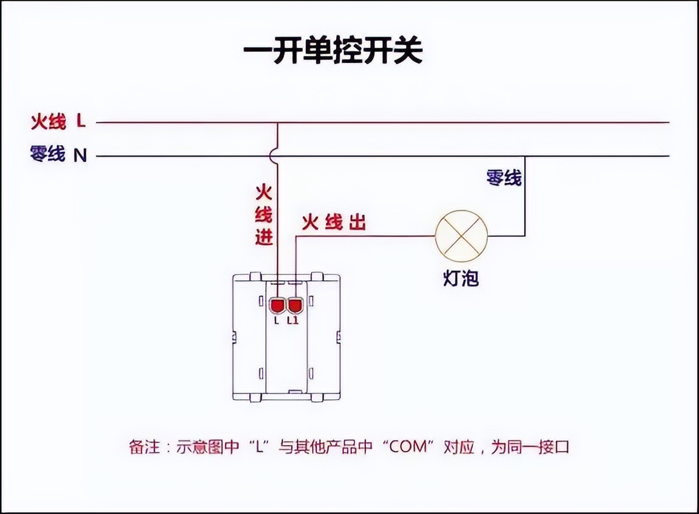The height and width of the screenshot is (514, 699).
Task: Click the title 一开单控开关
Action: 333,52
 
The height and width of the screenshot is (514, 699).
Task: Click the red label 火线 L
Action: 58,122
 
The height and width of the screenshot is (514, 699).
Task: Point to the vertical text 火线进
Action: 264,215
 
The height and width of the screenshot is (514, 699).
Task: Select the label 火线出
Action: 334,222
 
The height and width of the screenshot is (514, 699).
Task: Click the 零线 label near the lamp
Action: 504,178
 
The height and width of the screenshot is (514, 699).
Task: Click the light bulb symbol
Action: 461,236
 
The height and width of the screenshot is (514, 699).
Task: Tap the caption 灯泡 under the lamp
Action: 460,279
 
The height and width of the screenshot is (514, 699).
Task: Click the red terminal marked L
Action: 277,305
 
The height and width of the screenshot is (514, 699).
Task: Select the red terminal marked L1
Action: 295,305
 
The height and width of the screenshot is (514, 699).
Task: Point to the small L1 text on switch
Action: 293,319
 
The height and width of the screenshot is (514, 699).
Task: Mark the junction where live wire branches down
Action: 277,122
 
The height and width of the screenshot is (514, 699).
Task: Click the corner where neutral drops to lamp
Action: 525,156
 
